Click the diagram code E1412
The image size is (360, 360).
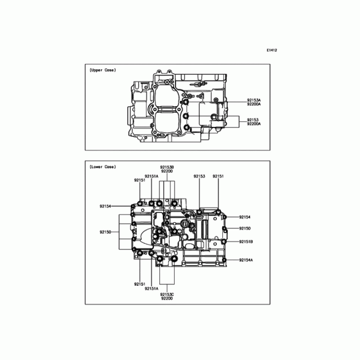272,50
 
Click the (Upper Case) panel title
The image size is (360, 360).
103,70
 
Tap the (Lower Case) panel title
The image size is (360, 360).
103,167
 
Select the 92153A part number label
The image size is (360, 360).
254,100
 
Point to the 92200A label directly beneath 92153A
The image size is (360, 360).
254,104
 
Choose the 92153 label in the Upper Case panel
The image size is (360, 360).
252,120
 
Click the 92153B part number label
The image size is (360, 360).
167,167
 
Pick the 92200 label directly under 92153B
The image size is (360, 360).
167,171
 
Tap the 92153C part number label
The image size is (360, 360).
167,295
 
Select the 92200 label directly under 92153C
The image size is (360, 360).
167,298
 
